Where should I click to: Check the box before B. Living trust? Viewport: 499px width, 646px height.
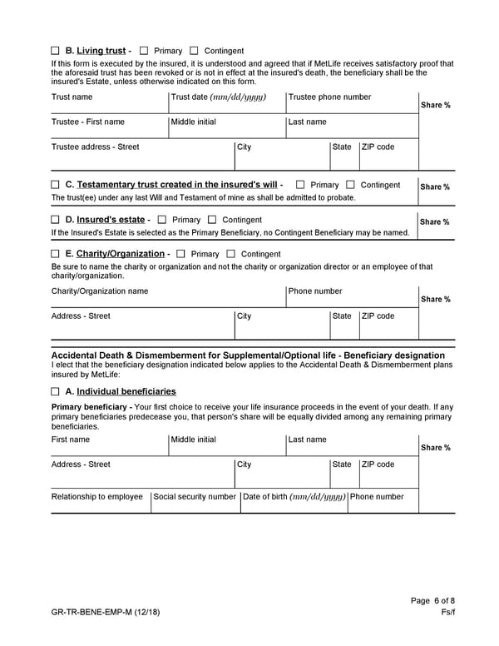pos(55,51)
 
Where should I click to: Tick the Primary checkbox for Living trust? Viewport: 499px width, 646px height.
pos(145,51)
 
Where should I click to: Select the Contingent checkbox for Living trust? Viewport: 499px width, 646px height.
pos(195,51)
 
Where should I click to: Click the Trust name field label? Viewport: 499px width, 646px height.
pos(72,97)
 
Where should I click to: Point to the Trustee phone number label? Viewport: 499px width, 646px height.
pos(329,97)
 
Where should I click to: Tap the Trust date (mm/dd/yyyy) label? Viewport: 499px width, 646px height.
pos(218,97)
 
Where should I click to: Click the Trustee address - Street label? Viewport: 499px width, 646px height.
pos(95,147)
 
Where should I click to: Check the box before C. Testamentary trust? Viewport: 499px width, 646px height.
pos(55,185)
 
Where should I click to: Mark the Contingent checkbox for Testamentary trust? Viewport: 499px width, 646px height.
pos(350,185)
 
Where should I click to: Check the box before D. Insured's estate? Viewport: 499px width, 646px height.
pos(55,220)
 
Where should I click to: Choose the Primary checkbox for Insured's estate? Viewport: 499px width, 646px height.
pos(162,220)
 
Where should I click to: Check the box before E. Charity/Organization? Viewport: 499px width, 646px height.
pos(55,254)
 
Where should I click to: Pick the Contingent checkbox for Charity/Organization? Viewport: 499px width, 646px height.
pos(231,254)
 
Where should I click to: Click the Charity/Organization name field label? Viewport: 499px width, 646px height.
pos(100,291)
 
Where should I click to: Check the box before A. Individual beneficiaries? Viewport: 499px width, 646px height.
pos(55,391)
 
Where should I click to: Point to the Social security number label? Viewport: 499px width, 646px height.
pos(195,497)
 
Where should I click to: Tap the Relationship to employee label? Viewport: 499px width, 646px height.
pos(96,497)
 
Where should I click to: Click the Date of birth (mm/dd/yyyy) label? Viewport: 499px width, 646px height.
pos(293,497)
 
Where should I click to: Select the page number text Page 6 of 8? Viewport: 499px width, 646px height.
pos(432,601)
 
